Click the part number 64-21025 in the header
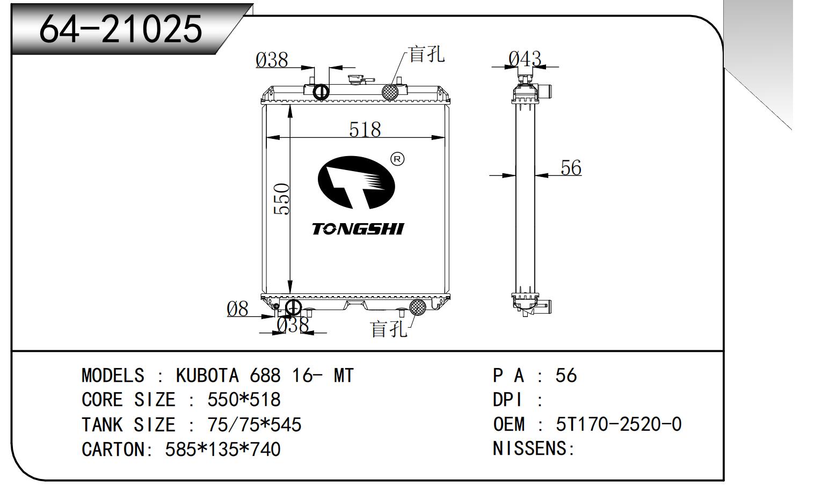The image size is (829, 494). pyautogui.click(x=121, y=29)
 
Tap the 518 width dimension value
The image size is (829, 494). pyautogui.click(x=365, y=129)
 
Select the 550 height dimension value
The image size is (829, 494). pyautogui.click(x=281, y=199)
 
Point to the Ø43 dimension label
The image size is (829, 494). pyautogui.click(x=525, y=59)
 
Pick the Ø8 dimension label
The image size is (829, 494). pyautogui.click(x=237, y=309)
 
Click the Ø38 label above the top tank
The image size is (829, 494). pyautogui.click(x=272, y=60)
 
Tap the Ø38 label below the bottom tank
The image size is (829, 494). pyautogui.click(x=293, y=325)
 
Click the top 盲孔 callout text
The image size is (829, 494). pyautogui.click(x=426, y=55)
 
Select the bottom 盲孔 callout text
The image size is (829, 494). pyautogui.click(x=389, y=329)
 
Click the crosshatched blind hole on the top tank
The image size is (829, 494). pyautogui.click(x=390, y=92)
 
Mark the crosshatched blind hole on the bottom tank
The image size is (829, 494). pyautogui.click(x=418, y=307)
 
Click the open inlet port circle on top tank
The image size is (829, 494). pyautogui.click(x=321, y=92)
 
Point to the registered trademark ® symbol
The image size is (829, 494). pyautogui.click(x=397, y=159)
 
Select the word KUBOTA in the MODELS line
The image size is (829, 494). pyautogui.click(x=207, y=375)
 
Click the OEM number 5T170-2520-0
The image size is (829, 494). pyautogui.click(x=619, y=424)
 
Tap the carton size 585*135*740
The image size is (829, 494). pyautogui.click(x=223, y=449)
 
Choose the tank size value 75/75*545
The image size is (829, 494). pyautogui.click(x=254, y=424)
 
